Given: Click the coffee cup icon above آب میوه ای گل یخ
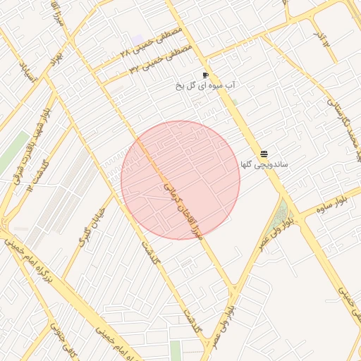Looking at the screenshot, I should point(205,75).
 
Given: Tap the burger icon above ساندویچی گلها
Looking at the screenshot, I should point(264,153).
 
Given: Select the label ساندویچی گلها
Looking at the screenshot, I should point(264,164).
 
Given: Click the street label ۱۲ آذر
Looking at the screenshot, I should point(322,38).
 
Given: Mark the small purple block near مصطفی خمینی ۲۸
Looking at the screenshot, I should point(137,39).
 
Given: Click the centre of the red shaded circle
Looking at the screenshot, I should point(180,180).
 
